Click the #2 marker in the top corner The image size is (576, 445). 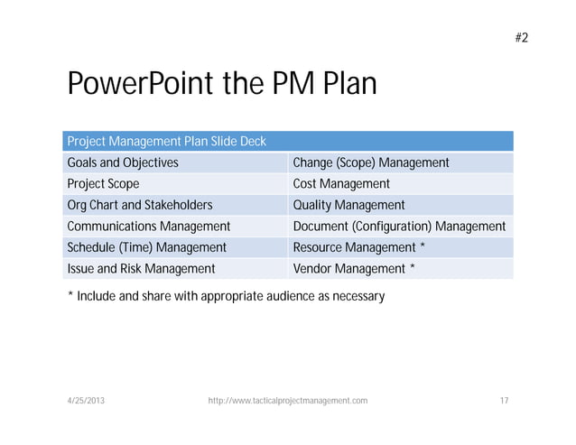pos(521,37)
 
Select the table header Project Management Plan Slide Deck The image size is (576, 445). pos(165,142)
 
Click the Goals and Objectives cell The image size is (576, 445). pos(123,163)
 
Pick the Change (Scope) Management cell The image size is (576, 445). pos(371,163)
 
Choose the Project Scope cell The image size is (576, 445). pos(103,184)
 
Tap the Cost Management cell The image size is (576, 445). pos(341,184)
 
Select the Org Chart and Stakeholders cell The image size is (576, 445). pos(140,205)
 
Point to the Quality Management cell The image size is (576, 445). pos(349,205)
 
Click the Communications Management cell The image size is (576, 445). pos(149,227)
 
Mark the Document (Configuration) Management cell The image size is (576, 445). pos(399,227)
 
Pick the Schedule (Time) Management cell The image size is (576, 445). pos(147,247)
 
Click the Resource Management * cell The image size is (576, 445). pos(359,247)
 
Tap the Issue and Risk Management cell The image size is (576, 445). pos(141,268)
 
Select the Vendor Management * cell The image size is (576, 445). pos(355,268)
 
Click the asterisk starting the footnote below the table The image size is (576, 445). pos(70,294)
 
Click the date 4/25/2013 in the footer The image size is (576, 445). pos(85,400)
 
